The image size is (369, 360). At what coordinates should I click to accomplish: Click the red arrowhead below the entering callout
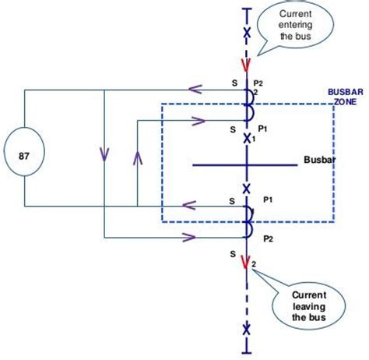247,65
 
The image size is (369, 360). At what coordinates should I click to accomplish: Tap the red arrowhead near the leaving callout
247,263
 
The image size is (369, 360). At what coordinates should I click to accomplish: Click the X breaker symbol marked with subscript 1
247,138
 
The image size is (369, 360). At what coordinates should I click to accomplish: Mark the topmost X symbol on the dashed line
247,33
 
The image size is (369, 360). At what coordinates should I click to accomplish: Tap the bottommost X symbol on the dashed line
247,329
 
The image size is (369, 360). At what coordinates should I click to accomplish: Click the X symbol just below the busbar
247,189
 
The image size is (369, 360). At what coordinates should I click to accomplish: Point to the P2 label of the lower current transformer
267,238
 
